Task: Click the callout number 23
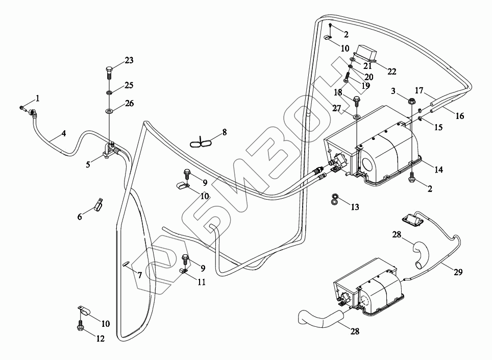[x=129, y=60]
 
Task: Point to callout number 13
[x=355, y=207]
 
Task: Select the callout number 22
[x=392, y=71]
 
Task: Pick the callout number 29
[x=458, y=272]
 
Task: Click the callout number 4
[x=63, y=134]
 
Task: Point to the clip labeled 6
[x=97, y=205]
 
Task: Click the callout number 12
[x=101, y=339]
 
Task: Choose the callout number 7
[x=139, y=275]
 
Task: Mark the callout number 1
[x=37, y=98]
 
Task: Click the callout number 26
[x=129, y=103]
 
